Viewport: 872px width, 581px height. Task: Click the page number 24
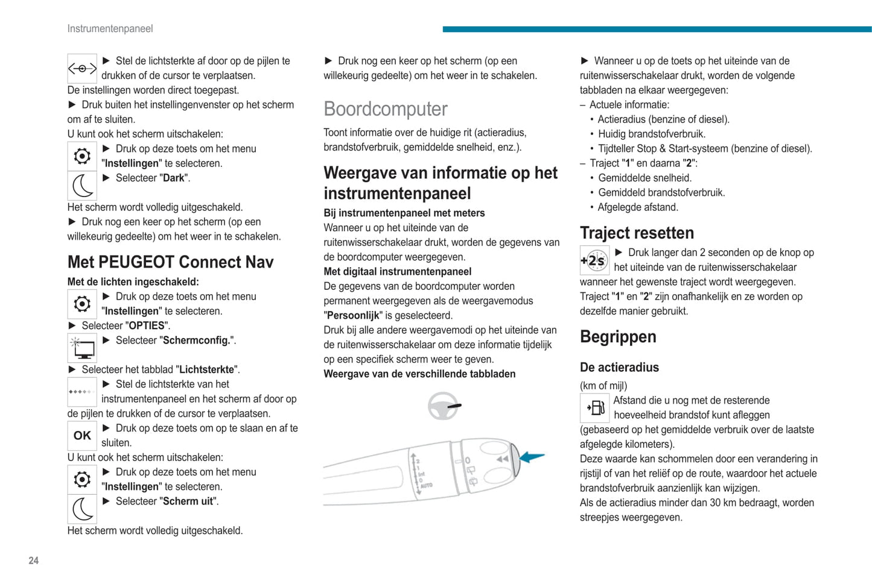pyautogui.click(x=34, y=561)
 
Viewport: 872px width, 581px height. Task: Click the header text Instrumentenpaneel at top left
pyautogui.click(x=110, y=28)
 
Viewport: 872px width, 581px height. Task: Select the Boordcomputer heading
pyautogui.click(x=386, y=109)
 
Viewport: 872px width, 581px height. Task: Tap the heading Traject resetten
pyautogui.click(x=637, y=233)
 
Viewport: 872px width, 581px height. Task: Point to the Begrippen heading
pyautogui.click(x=618, y=336)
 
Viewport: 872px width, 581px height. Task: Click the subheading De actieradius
pyautogui.click(x=619, y=367)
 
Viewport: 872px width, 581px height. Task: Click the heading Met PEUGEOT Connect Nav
pyautogui.click(x=171, y=262)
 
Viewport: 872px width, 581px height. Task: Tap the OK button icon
pyautogui.click(x=82, y=436)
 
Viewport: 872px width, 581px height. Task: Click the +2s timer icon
pyautogui.click(x=594, y=261)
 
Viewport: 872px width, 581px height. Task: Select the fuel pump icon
pyautogui.click(x=594, y=408)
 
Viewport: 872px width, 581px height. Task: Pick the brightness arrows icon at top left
pyautogui.click(x=82, y=69)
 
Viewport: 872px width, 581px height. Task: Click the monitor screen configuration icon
pyautogui.click(x=82, y=348)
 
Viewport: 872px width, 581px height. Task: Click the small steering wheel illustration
pyautogui.click(x=444, y=406)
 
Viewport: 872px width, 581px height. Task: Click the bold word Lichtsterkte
pyautogui.click(x=207, y=369)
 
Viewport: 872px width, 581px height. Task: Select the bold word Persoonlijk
pyautogui.click(x=353, y=315)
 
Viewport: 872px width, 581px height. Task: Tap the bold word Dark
pyautogui.click(x=174, y=178)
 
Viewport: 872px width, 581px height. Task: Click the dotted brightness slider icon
pyautogui.click(x=82, y=392)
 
